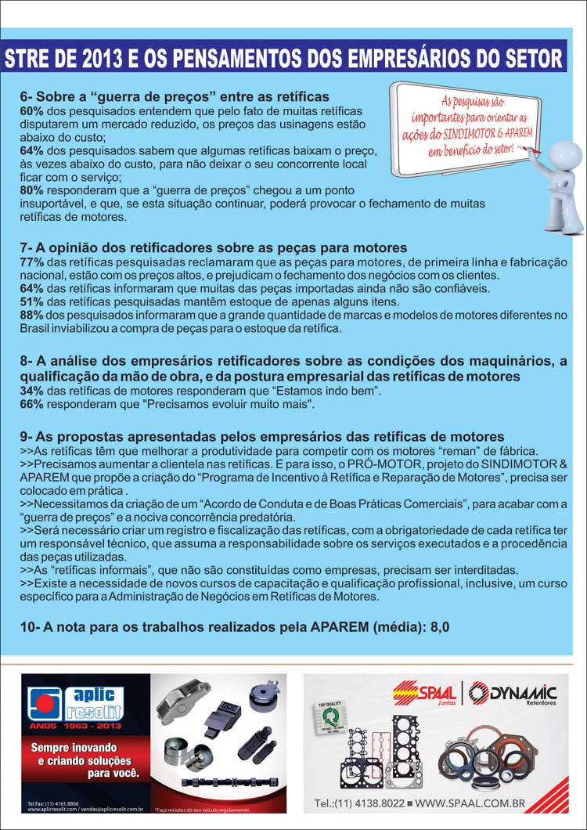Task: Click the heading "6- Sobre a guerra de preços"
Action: [175, 97]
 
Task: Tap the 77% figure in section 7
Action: [32, 262]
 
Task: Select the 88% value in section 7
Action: [32, 315]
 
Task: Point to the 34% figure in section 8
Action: [32, 390]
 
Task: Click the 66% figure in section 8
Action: [32, 404]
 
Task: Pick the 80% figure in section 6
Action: [32, 190]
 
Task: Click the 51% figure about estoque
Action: [32, 301]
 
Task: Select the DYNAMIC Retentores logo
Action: [513, 693]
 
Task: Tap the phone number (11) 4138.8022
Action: [360, 803]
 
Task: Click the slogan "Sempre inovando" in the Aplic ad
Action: [74, 748]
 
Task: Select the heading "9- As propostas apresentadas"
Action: [262, 436]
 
